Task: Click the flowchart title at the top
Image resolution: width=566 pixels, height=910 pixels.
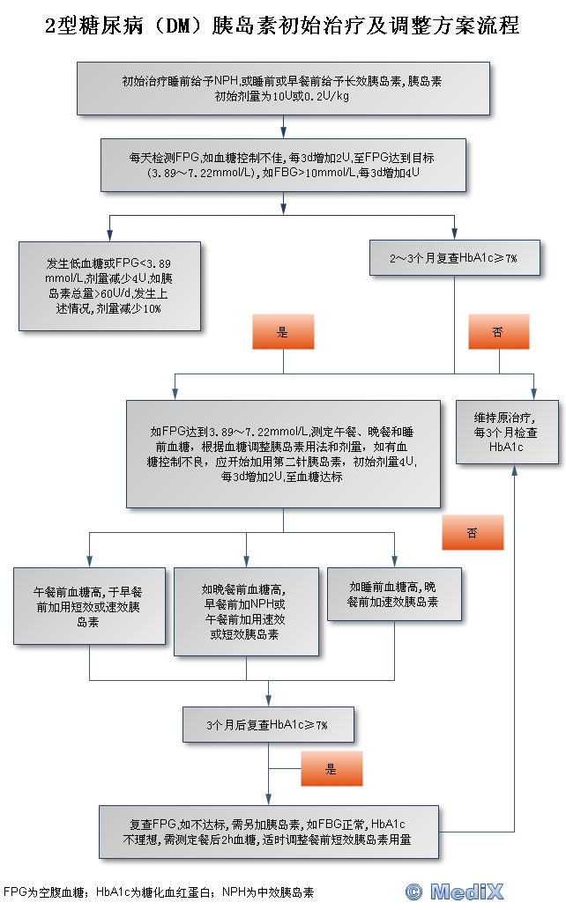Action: point(282,27)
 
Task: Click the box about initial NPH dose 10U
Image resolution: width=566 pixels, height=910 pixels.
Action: point(282,88)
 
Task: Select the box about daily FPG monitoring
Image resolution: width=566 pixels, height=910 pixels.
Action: point(282,165)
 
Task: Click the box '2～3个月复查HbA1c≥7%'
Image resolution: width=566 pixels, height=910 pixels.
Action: point(454,258)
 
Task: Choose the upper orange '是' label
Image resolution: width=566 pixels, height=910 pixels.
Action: point(283,332)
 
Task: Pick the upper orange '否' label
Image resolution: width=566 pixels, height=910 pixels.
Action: point(498,332)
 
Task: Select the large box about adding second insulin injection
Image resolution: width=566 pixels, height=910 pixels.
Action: point(282,453)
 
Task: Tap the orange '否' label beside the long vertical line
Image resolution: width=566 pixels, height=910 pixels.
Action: point(473,533)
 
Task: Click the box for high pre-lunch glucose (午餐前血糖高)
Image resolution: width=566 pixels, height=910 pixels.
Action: point(89,606)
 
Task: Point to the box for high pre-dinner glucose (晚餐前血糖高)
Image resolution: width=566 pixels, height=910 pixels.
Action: point(246,610)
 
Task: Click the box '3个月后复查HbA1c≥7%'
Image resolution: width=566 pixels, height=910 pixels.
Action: point(267,725)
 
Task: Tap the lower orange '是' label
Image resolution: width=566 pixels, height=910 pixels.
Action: point(331,769)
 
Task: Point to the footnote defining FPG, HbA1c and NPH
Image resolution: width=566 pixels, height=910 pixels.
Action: point(159,892)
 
